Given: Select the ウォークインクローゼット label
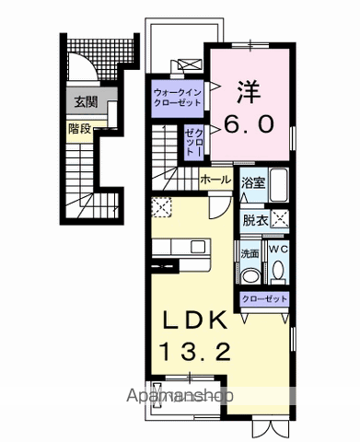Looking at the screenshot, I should (177, 97).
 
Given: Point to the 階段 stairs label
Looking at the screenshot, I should (78, 129).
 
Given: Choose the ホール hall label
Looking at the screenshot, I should (215, 179).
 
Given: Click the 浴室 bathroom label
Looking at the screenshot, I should (253, 183).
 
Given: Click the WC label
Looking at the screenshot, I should (278, 250).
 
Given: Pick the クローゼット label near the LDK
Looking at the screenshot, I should (264, 299).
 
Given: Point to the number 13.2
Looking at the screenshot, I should (196, 351).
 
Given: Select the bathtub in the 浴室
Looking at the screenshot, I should (278, 186).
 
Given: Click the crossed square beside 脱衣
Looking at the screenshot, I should (280, 219).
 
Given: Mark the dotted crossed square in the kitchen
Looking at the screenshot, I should (162, 208).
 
